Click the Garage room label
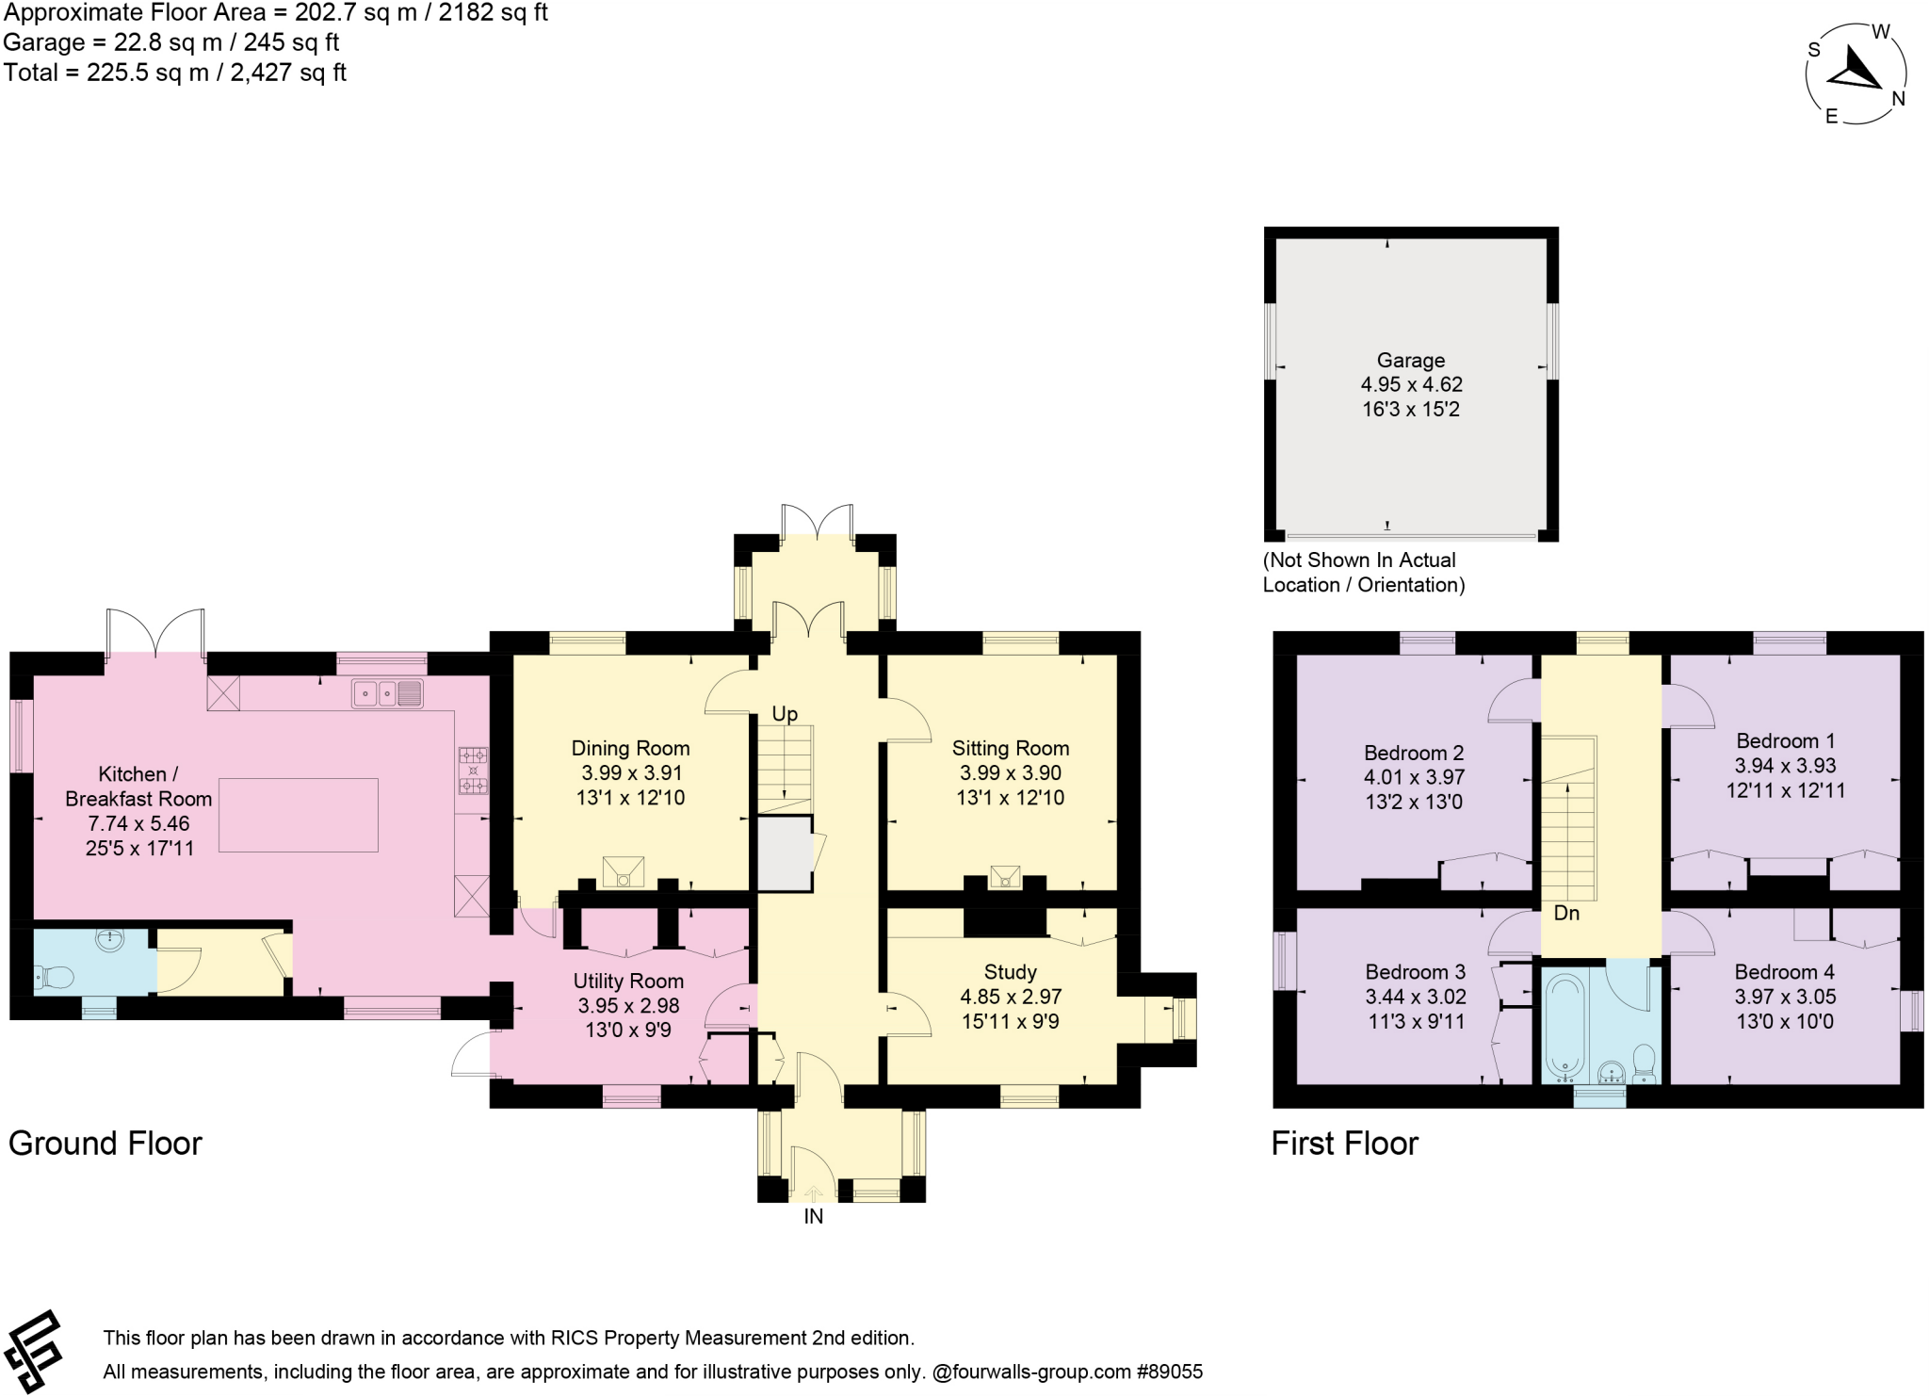[x=1410, y=360]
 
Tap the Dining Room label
[x=630, y=748]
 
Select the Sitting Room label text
[x=1010, y=748]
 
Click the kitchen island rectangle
[x=299, y=815]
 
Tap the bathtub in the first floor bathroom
[x=1564, y=1027]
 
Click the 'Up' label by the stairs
[x=785, y=713]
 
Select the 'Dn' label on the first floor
[x=1566, y=913]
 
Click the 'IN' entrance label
[x=813, y=1216]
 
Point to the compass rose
[x=1855, y=73]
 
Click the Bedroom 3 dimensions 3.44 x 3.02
[x=1416, y=997]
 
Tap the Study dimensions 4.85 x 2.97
[x=1010, y=997]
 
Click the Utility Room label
[x=628, y=981]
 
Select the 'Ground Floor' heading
[x=105, y=1143]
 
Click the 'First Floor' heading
[x=1344, y=1143]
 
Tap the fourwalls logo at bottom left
[x=33, y=1351]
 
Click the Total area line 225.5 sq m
[x=175, y=73]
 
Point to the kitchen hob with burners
[x=473, y=771]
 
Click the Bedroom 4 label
[x=1785, y=971]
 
